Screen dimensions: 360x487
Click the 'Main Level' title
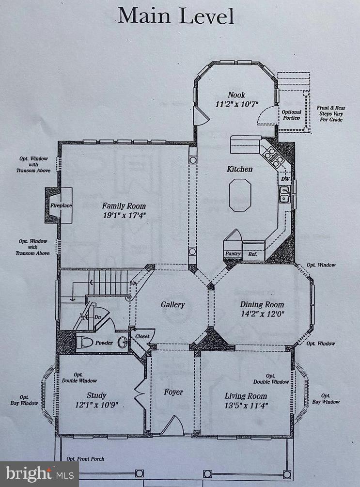(175, 16)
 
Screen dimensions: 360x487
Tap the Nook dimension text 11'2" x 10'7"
(236, 104)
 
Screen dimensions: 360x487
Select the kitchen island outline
(240, 195)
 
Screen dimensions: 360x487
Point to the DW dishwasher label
(285, 179)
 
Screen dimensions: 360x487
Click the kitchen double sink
(284, 194)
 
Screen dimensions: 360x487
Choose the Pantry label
(233, 254)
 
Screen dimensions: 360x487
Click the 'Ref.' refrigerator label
(252, 254)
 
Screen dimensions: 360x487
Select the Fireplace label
(61, 205)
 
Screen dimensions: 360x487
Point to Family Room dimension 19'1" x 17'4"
(124, 215)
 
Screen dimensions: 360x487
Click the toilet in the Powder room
(85, 343)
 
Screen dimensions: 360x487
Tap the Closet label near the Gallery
(142, 336)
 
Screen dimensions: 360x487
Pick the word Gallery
(172, 305)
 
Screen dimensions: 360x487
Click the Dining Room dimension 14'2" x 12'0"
(263, 314)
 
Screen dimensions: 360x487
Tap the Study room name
(96, 396)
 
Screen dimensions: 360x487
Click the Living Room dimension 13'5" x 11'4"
(246, 405)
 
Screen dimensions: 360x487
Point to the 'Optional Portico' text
(291, 115)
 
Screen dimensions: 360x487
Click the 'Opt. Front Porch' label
(85, 459)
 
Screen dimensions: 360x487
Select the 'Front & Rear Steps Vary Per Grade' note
(331, 114)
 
